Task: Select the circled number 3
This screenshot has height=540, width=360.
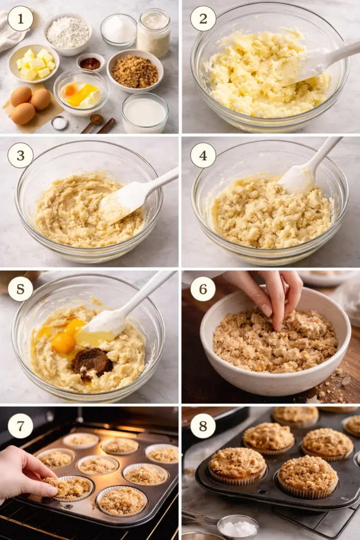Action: point(21,155)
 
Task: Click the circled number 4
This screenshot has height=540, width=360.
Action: point(203,155)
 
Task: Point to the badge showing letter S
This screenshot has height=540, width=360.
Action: point(21,289)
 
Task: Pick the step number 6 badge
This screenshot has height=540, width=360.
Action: point(203,289)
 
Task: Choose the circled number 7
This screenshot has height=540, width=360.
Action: point(21,426)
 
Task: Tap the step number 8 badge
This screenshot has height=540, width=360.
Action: point(203,426)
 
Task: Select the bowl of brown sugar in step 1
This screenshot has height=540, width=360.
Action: point(135,72)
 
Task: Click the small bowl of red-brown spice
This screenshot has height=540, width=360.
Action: point(91,63)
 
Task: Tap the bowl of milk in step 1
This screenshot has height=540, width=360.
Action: point(144,112)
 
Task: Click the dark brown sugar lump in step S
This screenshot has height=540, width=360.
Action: point(92,362)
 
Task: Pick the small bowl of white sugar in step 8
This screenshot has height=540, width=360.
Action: point(238,527)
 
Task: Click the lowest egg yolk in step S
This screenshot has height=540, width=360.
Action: point(64,343)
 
